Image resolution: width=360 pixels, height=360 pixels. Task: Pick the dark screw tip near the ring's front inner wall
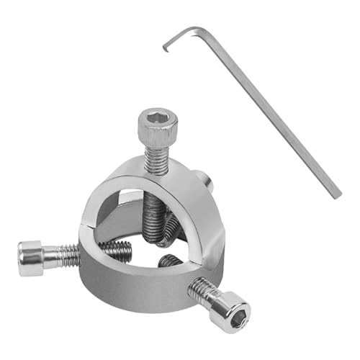(x=170, y=261)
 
